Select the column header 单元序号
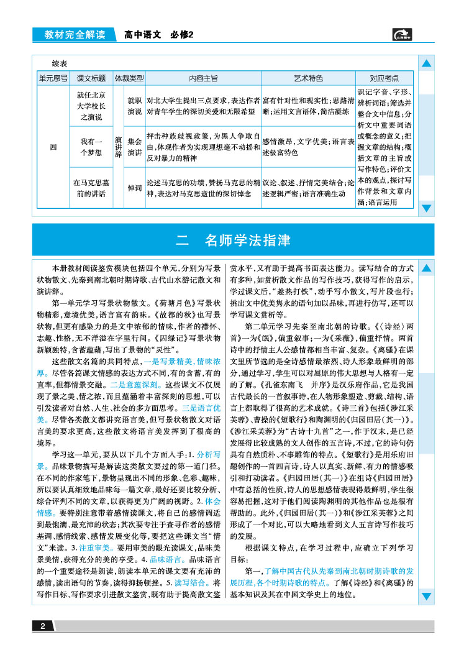pos(53,79)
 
